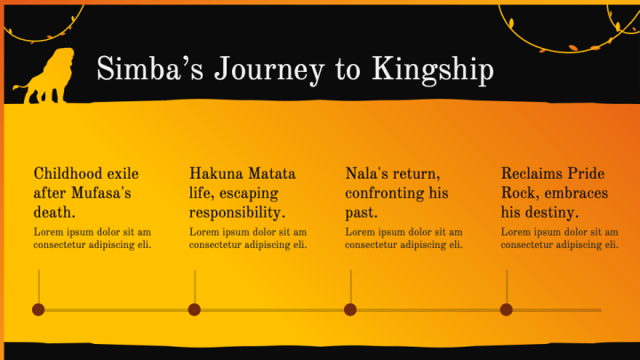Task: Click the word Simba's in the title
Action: (150, 68)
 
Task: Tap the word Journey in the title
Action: (269, 70)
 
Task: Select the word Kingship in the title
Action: (433, 70)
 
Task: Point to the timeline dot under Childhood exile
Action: (38, 309)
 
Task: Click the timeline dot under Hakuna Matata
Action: (195, 309)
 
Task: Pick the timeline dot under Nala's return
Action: (350, 309)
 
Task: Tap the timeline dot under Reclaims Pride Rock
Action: (506, 309)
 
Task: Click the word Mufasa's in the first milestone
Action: (101, 193)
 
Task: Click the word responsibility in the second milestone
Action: (236, 212)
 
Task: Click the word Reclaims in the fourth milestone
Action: (530, 173)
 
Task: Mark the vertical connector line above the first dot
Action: (39, 286)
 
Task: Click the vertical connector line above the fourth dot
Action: (507, 286)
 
